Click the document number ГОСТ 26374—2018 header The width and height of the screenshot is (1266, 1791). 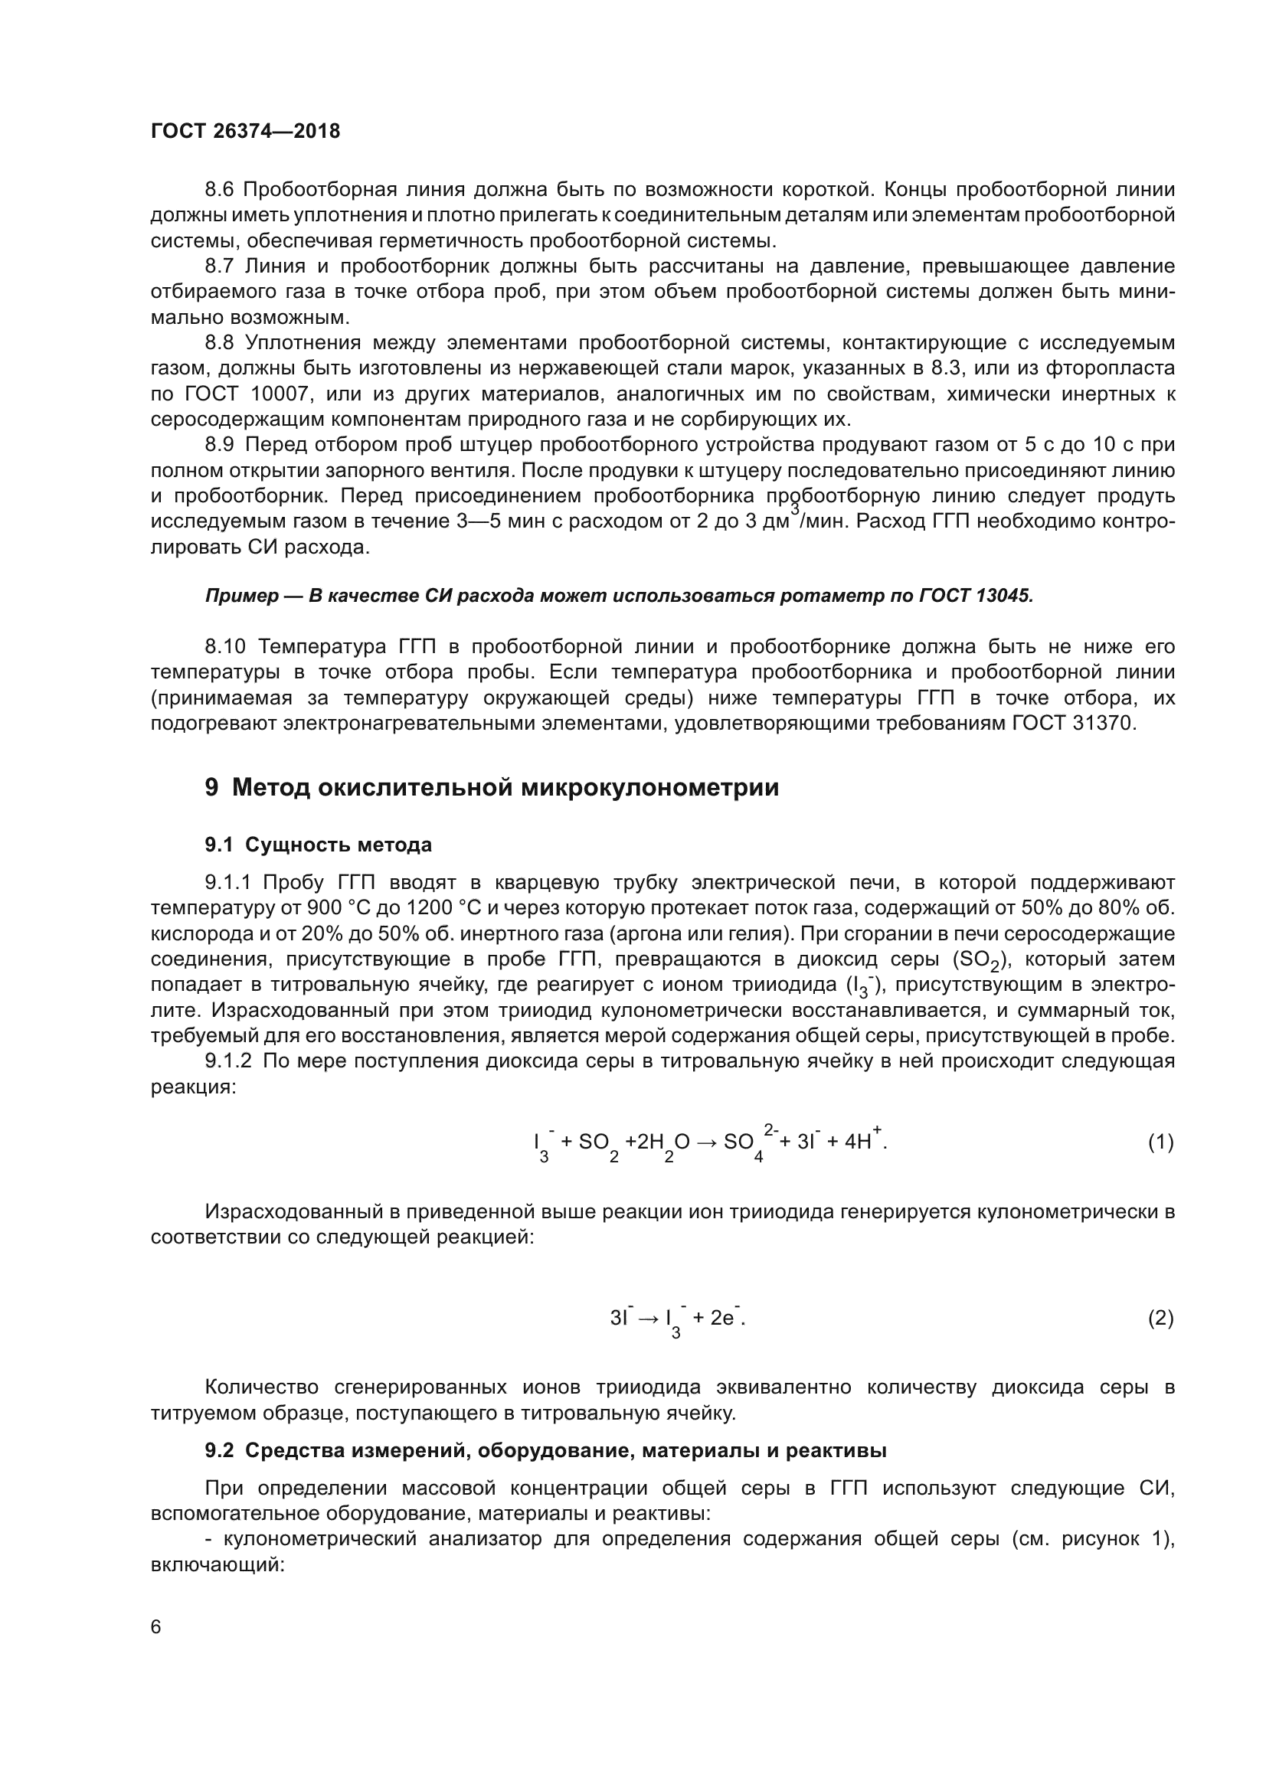[245, 131]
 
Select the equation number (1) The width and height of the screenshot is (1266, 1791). [1160, 1142]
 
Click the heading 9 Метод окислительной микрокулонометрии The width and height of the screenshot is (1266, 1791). [492, 788]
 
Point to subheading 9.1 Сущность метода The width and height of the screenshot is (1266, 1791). [319, 845]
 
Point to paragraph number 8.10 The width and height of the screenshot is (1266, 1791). [225, 647]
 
